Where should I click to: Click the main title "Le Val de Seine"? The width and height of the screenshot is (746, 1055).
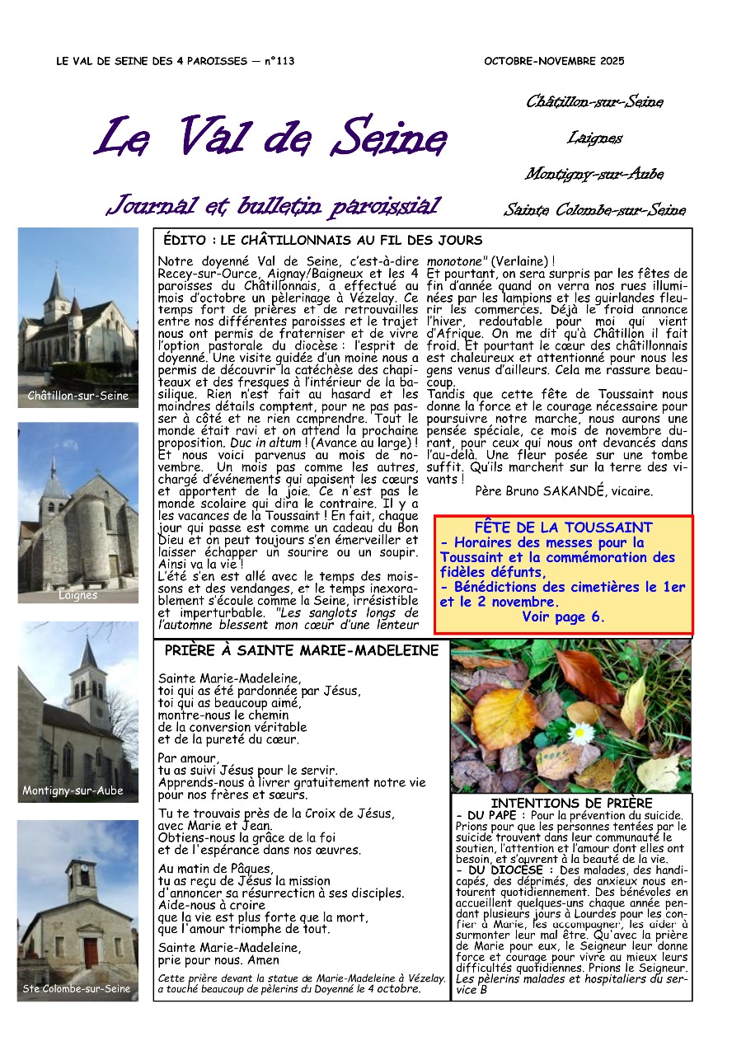(272, 138)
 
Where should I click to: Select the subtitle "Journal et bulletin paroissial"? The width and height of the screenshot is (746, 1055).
(274, 205)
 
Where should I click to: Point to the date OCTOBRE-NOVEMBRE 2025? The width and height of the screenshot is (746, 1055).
(554, 61)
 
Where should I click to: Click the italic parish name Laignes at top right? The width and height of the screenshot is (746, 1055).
(594, 138)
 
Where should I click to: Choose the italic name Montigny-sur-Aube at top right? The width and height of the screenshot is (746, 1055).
(594, 175)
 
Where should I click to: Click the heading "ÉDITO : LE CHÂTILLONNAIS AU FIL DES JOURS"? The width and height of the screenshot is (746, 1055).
(322, 241)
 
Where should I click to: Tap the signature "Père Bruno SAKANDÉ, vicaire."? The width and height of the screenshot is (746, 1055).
(564, 491)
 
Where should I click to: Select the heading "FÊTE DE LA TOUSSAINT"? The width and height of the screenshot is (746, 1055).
(564, 527)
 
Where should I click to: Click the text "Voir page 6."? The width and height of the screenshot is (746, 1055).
(564, 617)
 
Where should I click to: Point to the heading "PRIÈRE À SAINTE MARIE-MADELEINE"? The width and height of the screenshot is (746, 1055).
(302, 651)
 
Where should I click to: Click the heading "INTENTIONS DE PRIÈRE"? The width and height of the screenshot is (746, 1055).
(571, 803)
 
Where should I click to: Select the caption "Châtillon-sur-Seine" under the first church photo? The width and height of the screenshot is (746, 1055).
(78, 396)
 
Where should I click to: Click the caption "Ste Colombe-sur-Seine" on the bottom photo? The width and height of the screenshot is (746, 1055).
(77, 988)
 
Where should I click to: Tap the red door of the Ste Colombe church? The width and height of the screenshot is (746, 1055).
(91, 953)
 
